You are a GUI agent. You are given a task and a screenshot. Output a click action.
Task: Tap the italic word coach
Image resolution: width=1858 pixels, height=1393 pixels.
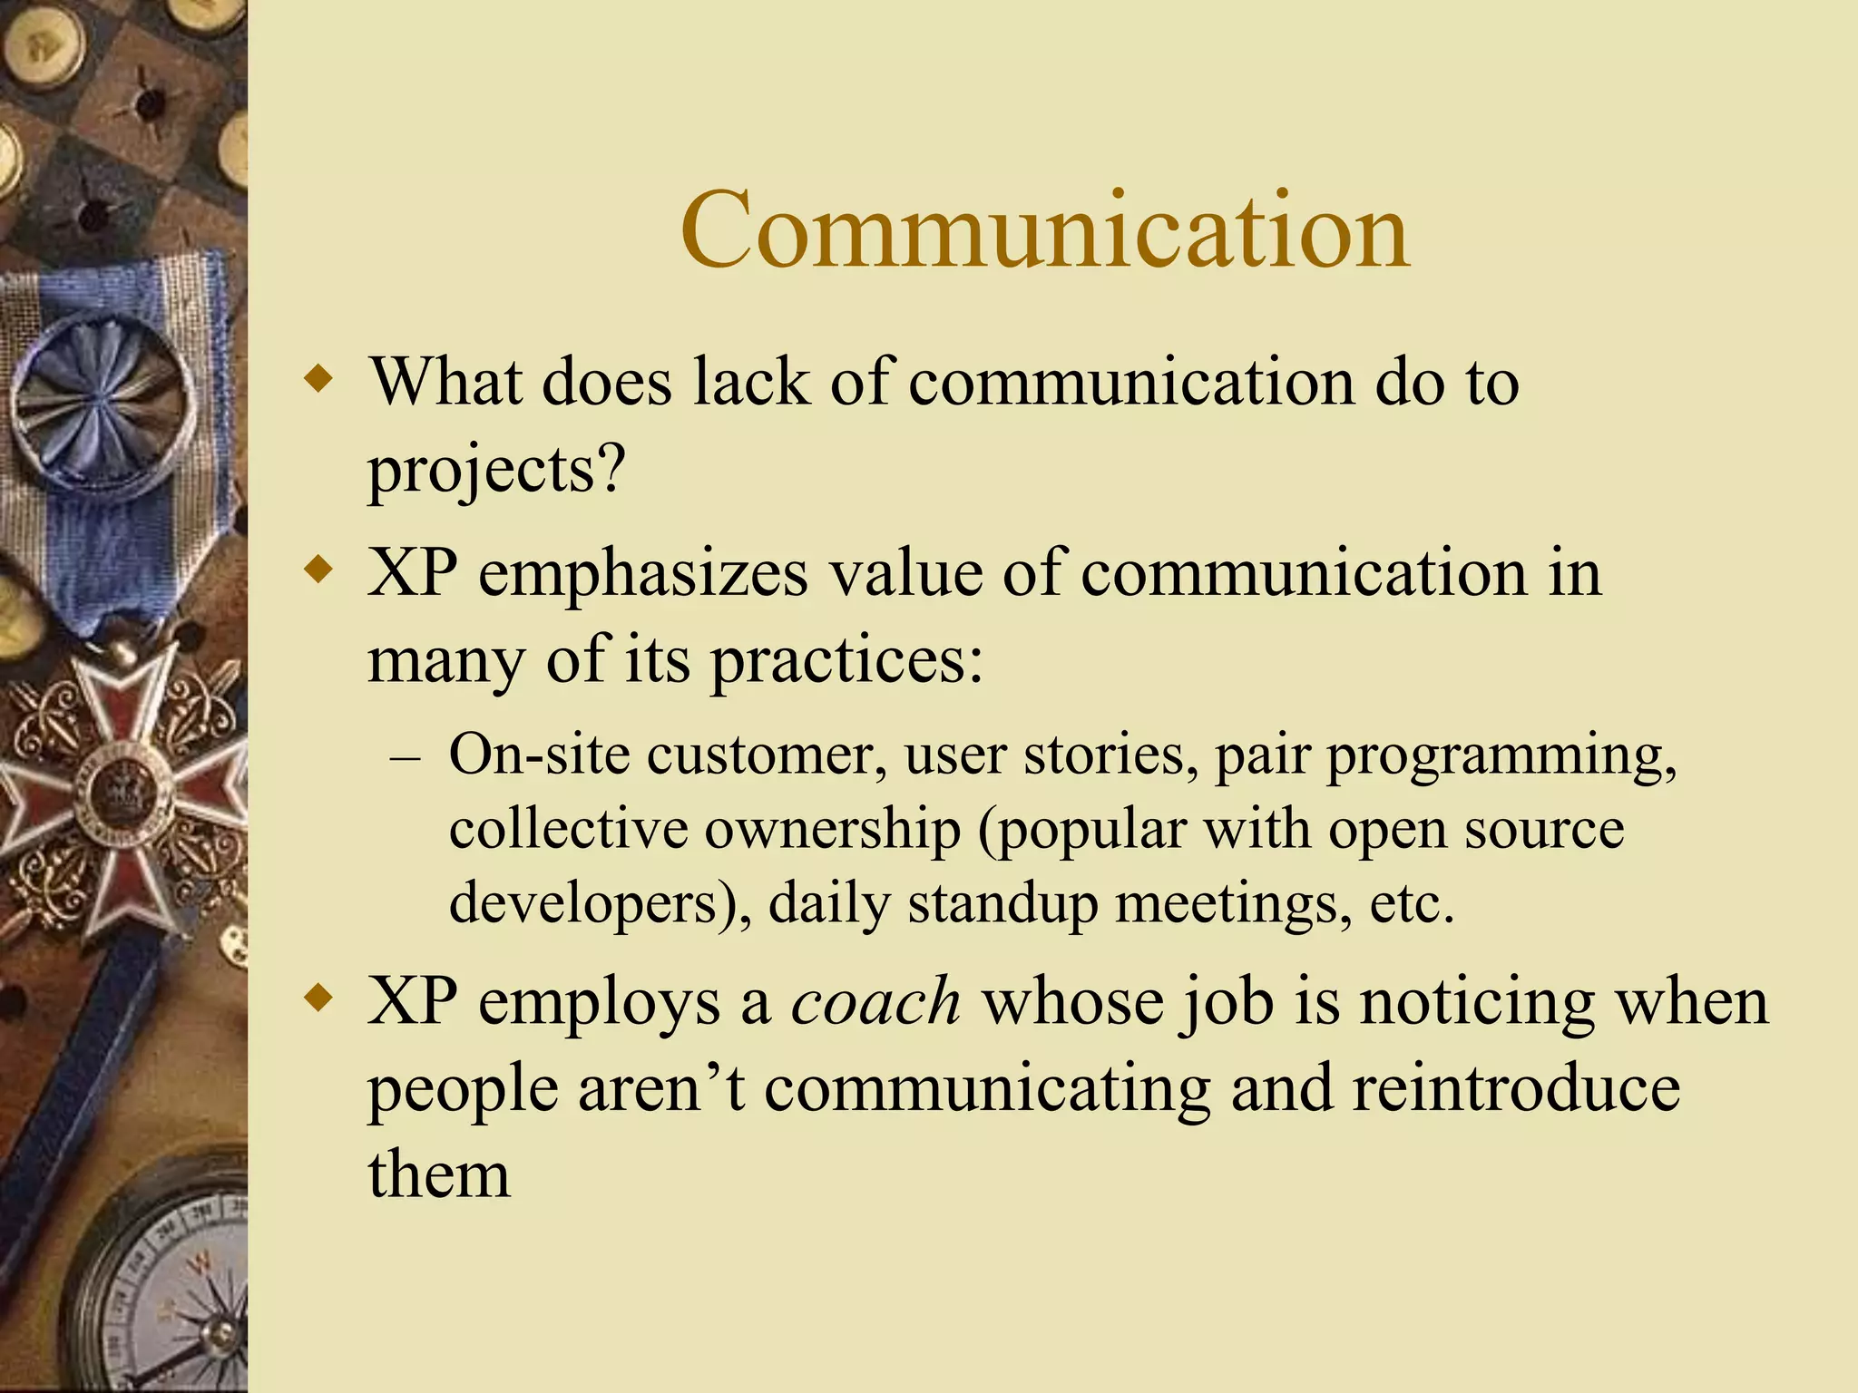(x=875, y=1003)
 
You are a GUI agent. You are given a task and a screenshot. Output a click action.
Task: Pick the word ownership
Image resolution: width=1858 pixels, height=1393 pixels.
(x=832, y=829)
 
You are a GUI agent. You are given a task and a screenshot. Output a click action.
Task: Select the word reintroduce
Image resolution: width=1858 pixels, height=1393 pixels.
(x=1516, y=1088)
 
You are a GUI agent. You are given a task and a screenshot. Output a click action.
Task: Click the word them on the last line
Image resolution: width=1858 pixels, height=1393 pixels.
(x=439, y=1175)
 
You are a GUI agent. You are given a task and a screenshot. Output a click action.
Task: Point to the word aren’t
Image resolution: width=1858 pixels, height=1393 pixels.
(x=661, y=1088)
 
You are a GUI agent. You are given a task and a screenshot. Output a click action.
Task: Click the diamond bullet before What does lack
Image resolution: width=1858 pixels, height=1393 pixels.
(x=318, y=378)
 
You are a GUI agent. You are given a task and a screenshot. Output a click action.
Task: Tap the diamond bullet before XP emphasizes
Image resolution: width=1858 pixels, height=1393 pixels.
(x=318, y=571)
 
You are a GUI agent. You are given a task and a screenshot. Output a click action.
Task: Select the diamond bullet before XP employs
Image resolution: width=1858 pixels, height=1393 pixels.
(x=318, y=999)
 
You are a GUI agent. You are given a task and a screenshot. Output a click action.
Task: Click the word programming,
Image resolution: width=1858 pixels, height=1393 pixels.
(x=1501, y=756)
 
